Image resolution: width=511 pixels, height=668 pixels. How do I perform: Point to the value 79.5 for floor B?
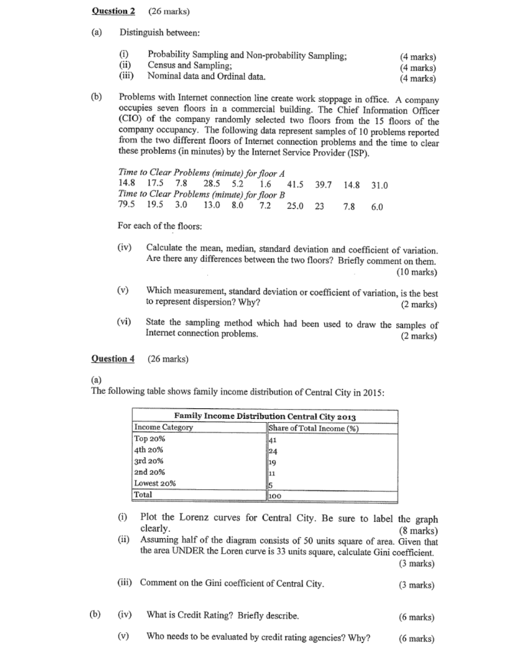point(126,205)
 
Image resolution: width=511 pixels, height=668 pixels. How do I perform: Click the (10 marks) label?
point(416,272)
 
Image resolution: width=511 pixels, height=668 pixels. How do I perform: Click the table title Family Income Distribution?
point(265,416)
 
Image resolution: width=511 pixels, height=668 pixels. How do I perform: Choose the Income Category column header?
point(164,427)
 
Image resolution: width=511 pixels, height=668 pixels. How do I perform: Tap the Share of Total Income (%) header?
point(314,428)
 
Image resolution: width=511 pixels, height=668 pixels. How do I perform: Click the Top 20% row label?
point(149,439)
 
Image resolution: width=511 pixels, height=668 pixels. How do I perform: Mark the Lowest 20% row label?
point(154,483)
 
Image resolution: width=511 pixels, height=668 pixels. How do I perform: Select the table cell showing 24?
point(274,450)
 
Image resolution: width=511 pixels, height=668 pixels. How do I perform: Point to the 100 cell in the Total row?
point(276,495)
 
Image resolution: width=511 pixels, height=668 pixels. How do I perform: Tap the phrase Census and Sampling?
point(190,65)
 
